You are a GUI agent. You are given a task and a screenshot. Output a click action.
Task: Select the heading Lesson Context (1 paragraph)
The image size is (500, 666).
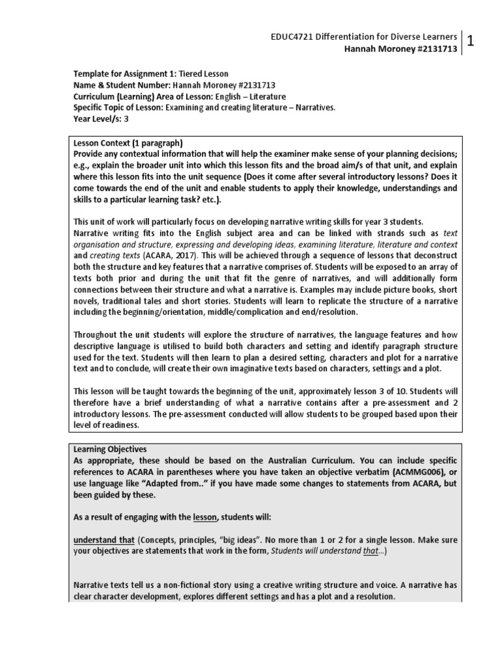click(x=128, y=142)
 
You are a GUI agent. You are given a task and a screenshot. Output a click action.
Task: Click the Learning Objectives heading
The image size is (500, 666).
click(x=110, y=449)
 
